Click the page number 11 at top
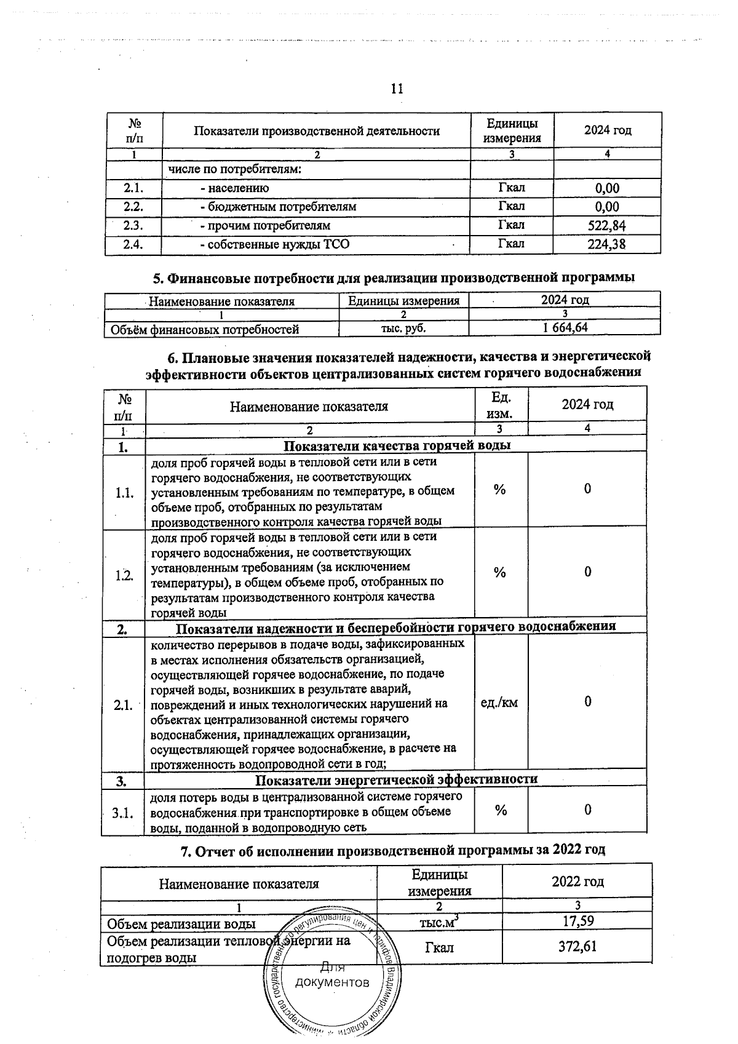[x=397, y=89]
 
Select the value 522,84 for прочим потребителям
[x=606, y=226]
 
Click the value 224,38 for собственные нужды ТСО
[x=606, y=244]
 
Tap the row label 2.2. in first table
[x=133, y=207]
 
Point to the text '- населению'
[x=234, y=188]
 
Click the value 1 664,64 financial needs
[x=565, y=327]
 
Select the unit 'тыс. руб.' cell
[x=403, y=328]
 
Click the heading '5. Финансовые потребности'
[x=394, y=277]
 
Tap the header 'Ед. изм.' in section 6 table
[x=501, y=405]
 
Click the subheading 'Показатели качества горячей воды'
[x=397, y=445]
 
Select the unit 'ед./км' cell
[x=499, y=702]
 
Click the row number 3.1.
[x=122, y=813]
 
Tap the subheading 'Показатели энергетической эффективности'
[x=396, y=779]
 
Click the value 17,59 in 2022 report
[x=577, y=921]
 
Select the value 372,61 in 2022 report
[x=577, y=946]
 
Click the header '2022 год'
[x=577, y=882]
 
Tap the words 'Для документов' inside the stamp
[x=332, y=975]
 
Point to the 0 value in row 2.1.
[x=587, y=701]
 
